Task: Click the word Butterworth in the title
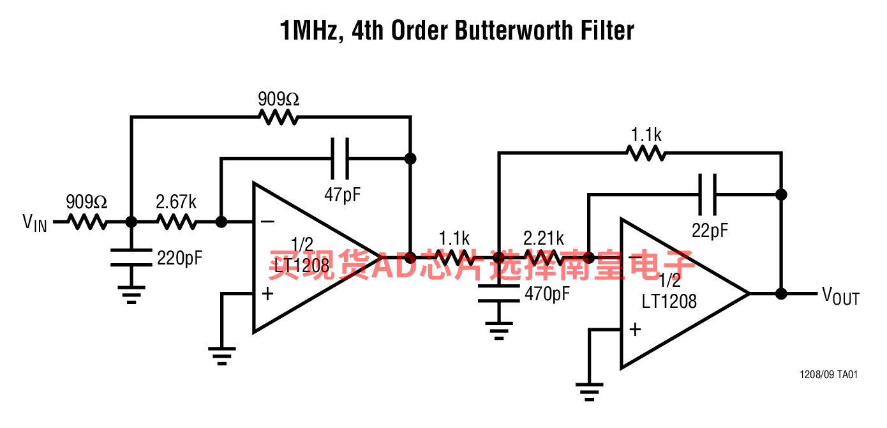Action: tap(513, 31)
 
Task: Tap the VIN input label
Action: tap(35, 223)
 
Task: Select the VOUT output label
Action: tap(840, 296)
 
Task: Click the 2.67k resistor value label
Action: tap(176, 202)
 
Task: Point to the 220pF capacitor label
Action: tap(180, 258)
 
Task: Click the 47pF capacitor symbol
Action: tap(340, 158)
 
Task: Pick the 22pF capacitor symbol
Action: tap(707, 195)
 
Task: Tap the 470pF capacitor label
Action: tap(548, 294)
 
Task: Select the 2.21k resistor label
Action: tap(544, 238)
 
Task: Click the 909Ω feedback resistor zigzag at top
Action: tap(278, 118)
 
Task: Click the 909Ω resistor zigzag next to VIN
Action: tap(87, 222)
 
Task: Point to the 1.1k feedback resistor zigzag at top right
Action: tap(646, 153)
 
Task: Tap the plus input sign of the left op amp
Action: tap(267, 294)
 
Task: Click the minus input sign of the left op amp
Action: tap(267, 222)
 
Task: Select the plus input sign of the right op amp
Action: tap(635, 330)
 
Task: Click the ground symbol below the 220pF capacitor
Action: tap(131, 295)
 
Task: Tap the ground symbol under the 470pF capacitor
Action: tap(499, 331)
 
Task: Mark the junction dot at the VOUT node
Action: tap(781, 294)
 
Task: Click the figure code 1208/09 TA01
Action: tap(828, 374)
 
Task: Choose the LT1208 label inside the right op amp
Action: tap(669, 302)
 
